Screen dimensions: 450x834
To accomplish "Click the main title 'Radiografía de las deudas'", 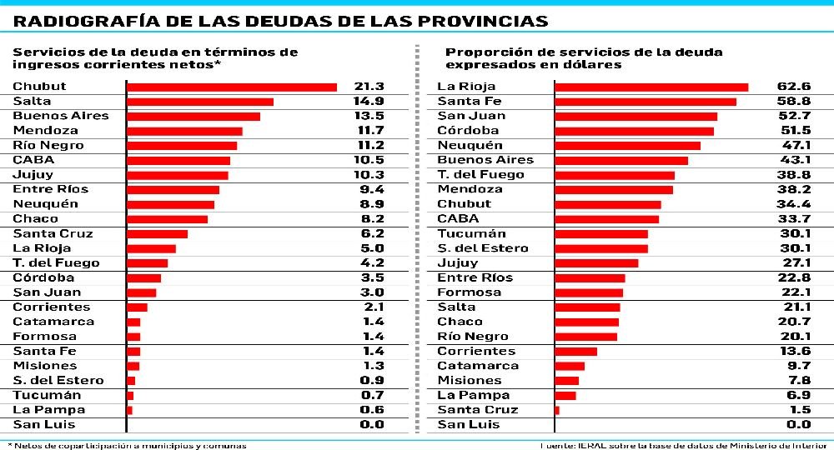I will click(x=280, y=21).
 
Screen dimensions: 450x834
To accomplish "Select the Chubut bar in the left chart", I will click(x=231, y=87).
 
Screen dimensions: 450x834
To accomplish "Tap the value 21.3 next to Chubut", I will click(x=368, y=87).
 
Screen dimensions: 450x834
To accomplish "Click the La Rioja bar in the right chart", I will click(x=651, y=87).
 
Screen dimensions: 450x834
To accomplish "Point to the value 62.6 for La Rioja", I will click(x=794, y=87).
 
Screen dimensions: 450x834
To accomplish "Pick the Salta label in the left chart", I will click(x=32, y=101).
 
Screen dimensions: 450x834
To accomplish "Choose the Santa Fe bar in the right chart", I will click(x=646, y=102).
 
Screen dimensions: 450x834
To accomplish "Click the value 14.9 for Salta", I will click(x=368, y=101).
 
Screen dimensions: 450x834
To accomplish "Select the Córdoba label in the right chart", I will click(x=468, y=131).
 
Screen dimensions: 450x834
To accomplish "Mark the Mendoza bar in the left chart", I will click(x=184, y=131).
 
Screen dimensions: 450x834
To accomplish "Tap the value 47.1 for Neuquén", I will click(x=794, y=145).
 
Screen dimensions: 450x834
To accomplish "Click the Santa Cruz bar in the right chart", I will click(x=557, y=410).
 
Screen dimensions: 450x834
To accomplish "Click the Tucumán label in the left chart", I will click(x=47, y=395).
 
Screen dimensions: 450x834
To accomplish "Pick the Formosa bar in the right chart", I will click(x=589, y=292).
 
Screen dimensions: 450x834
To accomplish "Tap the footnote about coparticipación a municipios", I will click(x=128, y=445).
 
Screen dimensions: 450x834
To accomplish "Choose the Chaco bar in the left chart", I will click(x=167, y=219).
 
